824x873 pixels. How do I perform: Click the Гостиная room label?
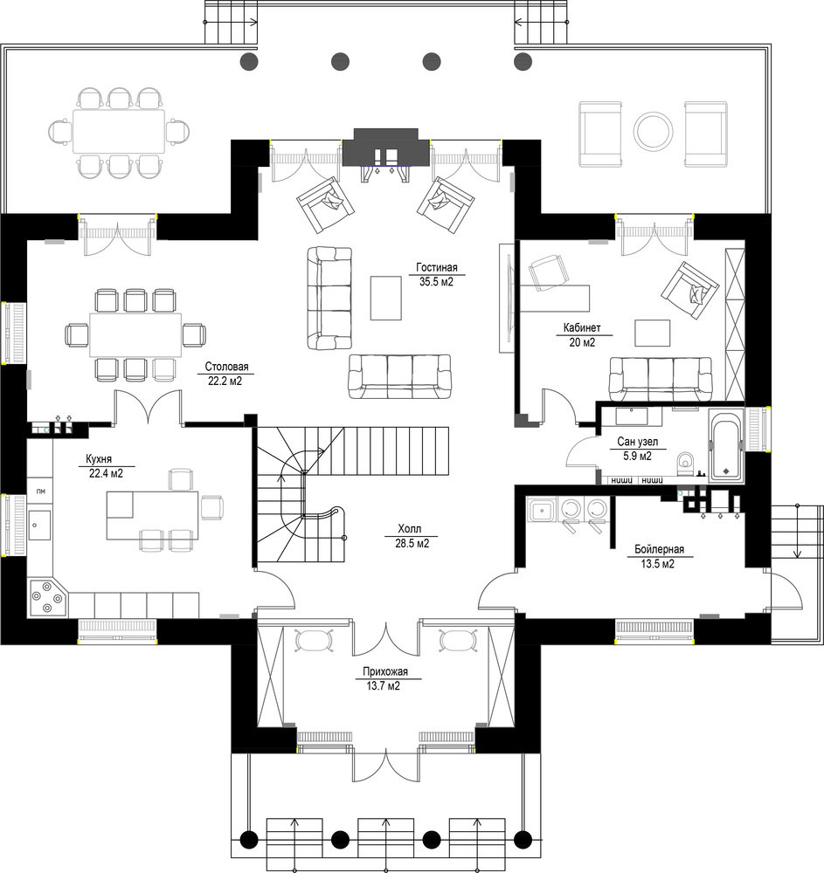437,268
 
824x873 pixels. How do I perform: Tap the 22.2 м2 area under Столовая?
225,382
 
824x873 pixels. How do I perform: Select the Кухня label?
99,459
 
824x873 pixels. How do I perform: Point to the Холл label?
410,529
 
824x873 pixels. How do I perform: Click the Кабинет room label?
582,328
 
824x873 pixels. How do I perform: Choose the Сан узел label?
637,442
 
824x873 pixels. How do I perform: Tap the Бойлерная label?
659,549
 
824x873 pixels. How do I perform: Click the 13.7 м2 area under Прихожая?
384,686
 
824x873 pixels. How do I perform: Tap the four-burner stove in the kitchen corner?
47,599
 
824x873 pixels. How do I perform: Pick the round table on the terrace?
653,132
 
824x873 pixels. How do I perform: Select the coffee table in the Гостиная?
386,298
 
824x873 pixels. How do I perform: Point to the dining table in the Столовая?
135,334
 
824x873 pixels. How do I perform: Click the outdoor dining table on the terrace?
119,132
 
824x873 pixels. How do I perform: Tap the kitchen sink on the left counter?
39,526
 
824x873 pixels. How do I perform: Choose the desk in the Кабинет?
555,299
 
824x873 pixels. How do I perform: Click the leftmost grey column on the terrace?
248,61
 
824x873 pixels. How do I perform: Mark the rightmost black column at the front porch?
523,838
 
